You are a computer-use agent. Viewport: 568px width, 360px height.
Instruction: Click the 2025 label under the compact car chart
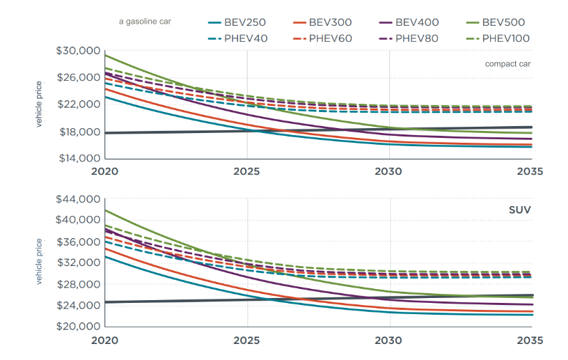coord(246,171)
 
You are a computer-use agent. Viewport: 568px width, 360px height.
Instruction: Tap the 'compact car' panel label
coord(508,64)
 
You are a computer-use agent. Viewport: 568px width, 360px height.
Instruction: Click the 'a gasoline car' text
coord(145,22)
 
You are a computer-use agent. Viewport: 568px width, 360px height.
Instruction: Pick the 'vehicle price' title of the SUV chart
coord(40,262)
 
